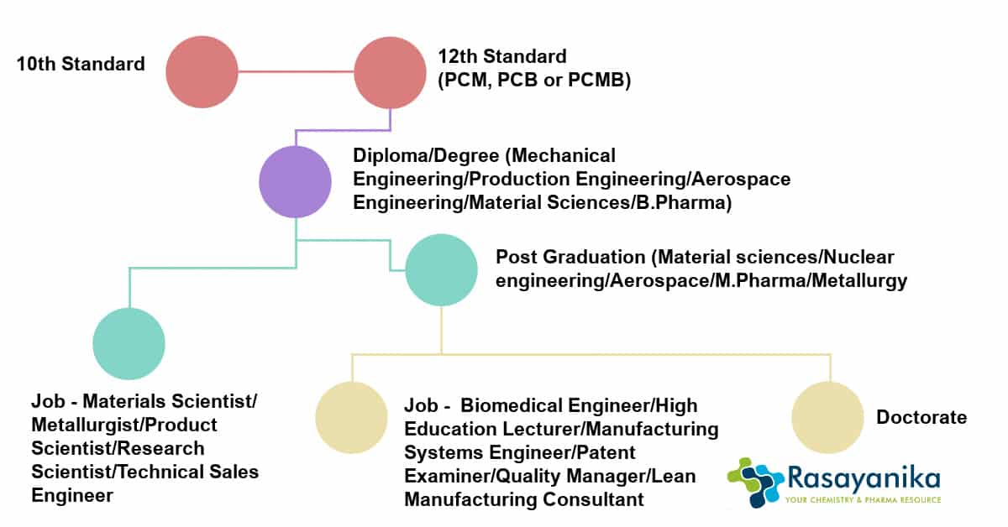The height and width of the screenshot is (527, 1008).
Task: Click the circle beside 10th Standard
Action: pos(202,72)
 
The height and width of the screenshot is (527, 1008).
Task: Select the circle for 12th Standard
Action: pos(390,73)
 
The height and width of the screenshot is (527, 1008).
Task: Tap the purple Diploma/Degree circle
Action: pos(295,181)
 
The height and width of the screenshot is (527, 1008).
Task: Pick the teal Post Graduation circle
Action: pos(442,270)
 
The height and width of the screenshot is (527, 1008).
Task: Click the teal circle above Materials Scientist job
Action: pos(129,343)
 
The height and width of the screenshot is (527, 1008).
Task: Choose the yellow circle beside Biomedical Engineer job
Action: pos(351,417)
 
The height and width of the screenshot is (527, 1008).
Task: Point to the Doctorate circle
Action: pos(828,417)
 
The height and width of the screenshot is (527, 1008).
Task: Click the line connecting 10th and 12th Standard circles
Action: pos(296,71)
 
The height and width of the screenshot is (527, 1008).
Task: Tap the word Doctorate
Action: pos(921,417)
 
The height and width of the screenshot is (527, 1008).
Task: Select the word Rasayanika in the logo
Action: pos(864,479)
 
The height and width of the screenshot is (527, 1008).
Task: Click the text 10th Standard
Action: pos(81,64)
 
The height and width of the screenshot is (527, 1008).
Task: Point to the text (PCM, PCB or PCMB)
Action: pos(534,80)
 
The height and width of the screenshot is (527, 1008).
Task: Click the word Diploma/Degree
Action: pos(426,155)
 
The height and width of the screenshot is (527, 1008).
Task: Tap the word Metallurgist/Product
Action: pos(124,425)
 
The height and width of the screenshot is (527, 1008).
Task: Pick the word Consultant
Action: pos(593,499)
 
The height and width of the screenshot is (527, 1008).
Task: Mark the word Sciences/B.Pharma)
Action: pos(639,202)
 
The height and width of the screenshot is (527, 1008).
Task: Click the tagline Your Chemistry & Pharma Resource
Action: pos(864,499)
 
